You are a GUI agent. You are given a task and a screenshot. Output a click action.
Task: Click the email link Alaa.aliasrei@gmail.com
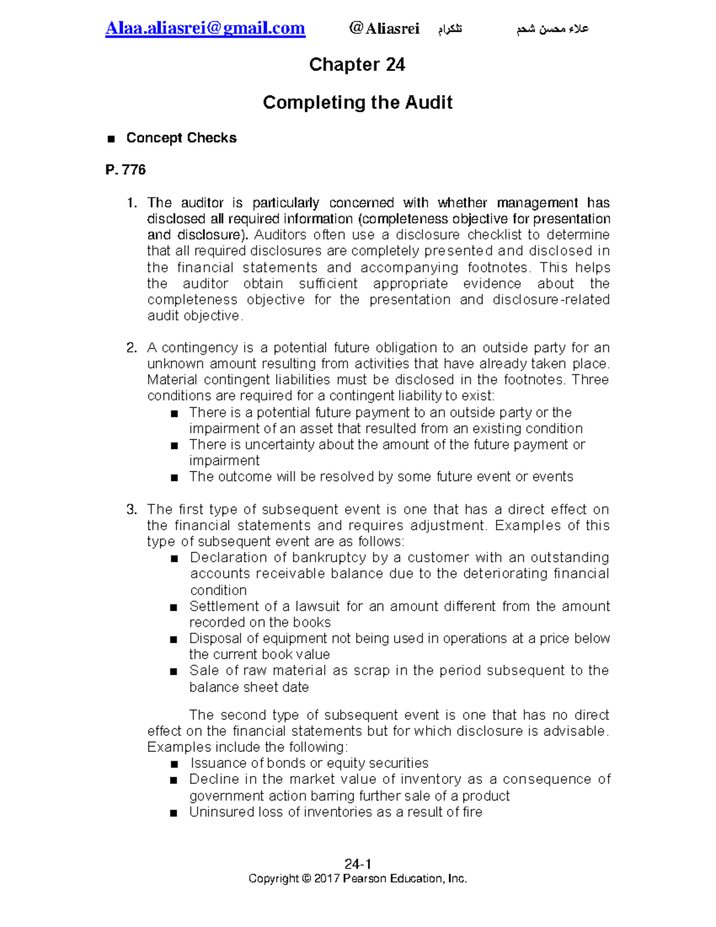(205, 28)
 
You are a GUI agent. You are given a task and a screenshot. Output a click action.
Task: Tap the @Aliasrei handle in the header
(384, 29)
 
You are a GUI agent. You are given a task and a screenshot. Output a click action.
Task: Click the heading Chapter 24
(357, 64)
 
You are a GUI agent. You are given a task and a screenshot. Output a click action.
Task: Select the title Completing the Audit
(357, 103)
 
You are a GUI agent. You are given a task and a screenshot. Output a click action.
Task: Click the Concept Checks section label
(181, 138)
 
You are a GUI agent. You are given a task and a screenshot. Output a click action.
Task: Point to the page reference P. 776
(125, 170)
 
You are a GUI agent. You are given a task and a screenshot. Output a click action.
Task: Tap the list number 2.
(132, 348)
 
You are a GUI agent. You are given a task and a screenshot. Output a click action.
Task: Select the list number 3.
(132, 510)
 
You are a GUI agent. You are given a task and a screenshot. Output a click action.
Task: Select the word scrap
(372, 671)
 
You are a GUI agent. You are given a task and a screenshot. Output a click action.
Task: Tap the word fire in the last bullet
(472, 812)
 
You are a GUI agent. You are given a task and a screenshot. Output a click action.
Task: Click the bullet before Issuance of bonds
(174, 764)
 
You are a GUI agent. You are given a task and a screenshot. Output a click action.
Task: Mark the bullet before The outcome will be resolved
(174, 478)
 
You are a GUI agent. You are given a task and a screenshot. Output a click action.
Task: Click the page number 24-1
(358, 864)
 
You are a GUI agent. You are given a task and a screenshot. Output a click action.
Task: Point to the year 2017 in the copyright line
(327, 879)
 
